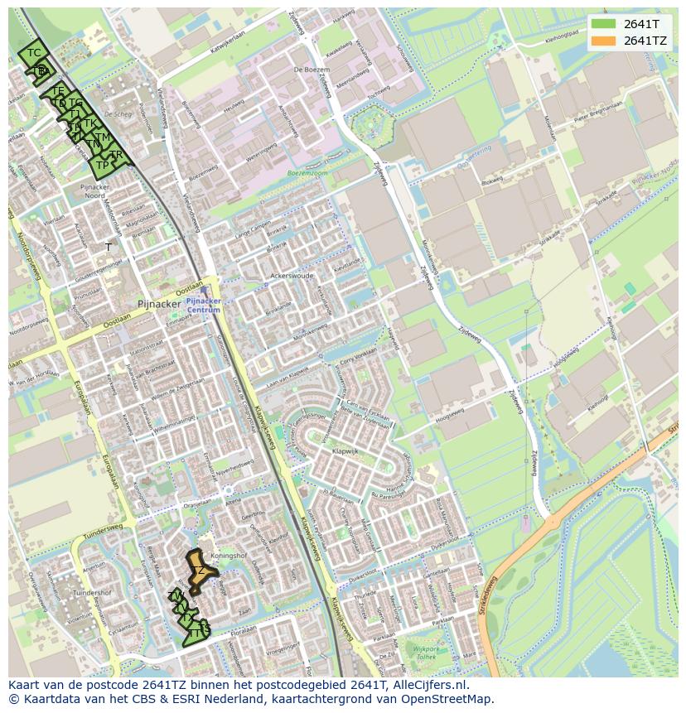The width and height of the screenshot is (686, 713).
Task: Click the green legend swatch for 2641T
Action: click(604, 24)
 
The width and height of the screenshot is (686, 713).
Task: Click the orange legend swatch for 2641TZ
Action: click(604, 41)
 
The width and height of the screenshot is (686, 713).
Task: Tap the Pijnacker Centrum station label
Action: click(203, 305)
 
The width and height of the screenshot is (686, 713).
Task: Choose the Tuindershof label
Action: click(92, 593)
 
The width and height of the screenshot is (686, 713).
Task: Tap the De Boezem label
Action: click(307, 70)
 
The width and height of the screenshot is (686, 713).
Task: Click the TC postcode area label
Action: click(34, 53)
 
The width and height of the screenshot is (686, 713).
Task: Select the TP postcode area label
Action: click(102, 165)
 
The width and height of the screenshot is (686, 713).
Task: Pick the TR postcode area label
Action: click(117, 155)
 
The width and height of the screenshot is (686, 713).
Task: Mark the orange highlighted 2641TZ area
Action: click(200, 571)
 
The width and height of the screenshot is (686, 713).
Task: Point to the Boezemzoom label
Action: click(307, 173)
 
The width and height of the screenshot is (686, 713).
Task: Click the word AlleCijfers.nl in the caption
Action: click(430, 685)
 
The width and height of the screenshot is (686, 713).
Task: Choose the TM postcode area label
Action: click(102, 137)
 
